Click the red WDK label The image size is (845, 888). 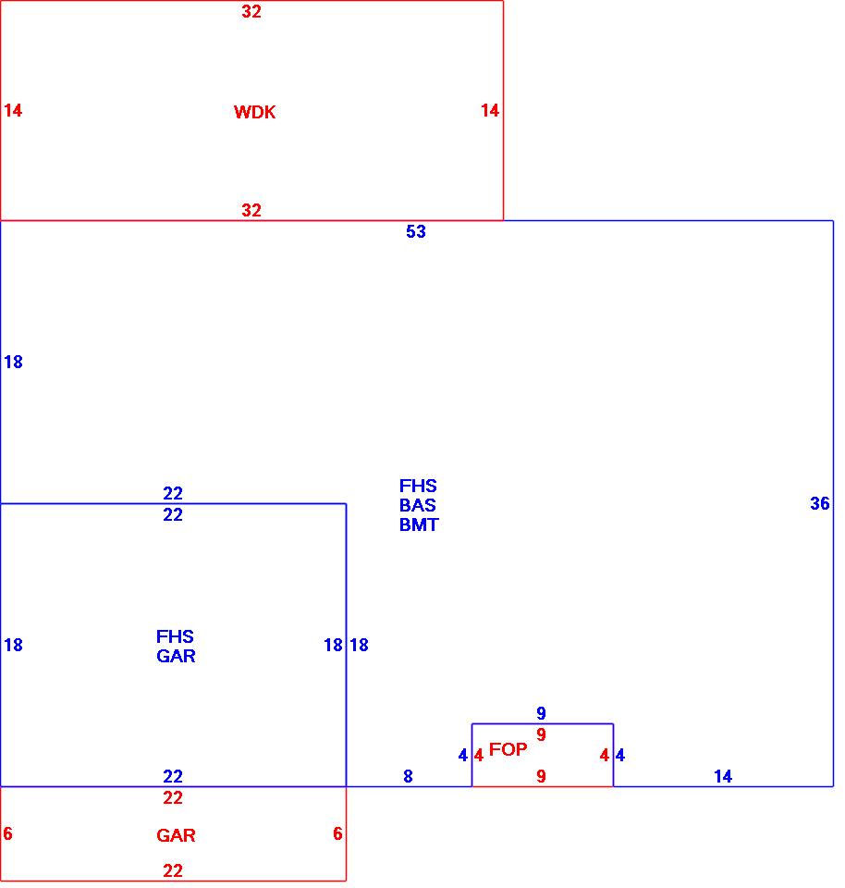254,113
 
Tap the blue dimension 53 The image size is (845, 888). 416,232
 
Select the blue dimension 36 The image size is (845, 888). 820,504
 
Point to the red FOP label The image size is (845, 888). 508,749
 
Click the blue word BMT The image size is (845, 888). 419,525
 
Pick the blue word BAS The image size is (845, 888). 418,506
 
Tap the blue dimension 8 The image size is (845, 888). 408,777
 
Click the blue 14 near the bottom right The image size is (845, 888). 723,777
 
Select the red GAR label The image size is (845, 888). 176,836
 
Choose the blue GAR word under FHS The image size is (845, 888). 176,657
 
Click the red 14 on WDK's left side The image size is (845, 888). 13,111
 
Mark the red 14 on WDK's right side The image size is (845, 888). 490,111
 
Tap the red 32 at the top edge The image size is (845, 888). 251,12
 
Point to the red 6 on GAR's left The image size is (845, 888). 8,834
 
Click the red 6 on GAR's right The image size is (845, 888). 338,834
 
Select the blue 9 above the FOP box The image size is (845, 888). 542,714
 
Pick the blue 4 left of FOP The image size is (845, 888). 463,756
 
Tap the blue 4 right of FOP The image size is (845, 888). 620,756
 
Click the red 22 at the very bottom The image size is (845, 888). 173,871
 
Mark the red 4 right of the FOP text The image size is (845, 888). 605,756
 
